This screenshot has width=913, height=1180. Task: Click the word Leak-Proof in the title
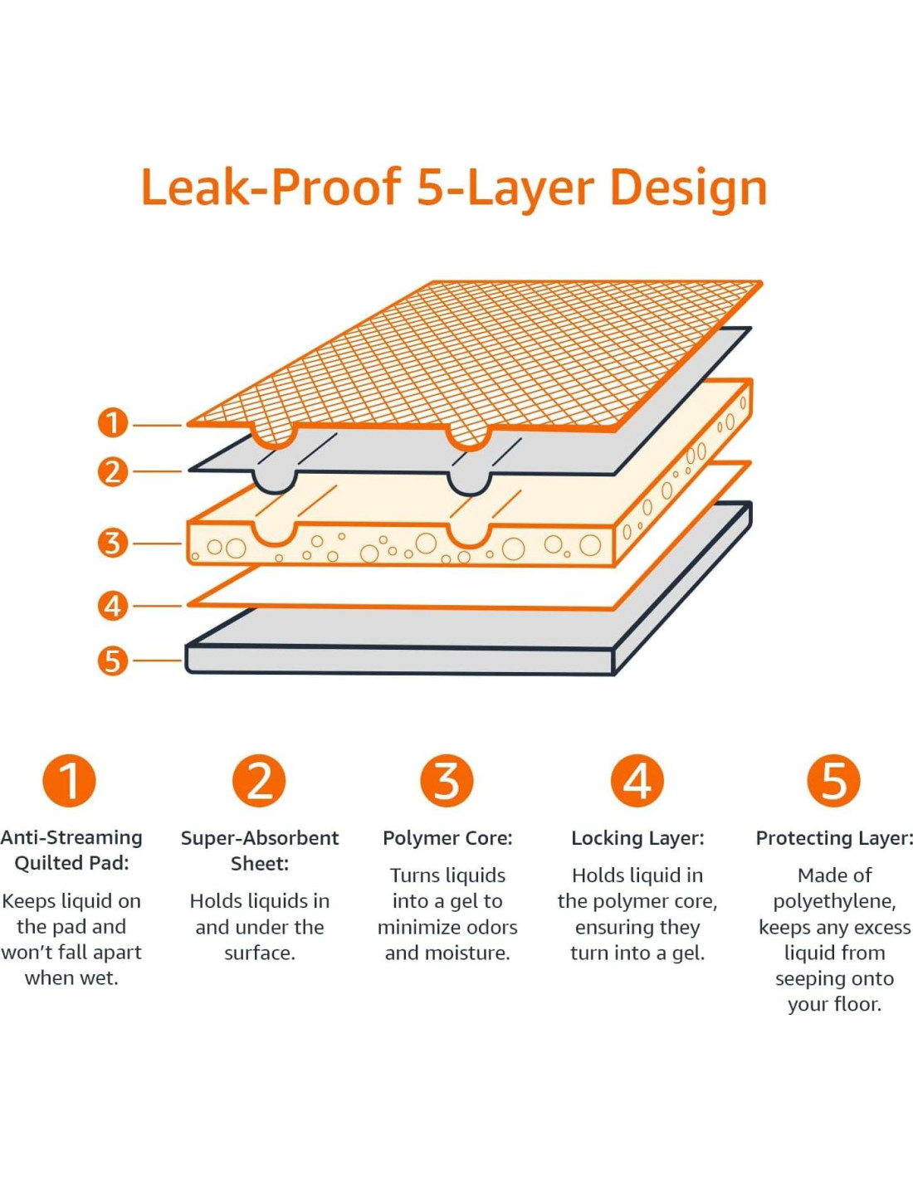[271, 188]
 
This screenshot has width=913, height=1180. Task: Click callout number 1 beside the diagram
[113, 423]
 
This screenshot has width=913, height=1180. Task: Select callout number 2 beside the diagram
[113, 471]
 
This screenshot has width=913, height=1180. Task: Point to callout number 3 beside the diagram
[113, 543]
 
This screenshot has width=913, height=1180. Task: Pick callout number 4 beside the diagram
[113, 605]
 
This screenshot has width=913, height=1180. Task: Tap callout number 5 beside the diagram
[113, 661]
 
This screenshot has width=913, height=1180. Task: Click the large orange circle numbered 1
[69, 780]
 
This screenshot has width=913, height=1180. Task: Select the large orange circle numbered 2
[259, 780]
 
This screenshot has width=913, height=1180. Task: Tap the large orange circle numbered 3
[447, 780]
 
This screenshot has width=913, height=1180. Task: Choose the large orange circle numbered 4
[637, 780]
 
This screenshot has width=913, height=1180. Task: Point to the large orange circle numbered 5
[833, 780]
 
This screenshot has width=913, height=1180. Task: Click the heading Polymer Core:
[447, 838]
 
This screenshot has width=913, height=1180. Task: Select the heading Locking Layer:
[637, 838]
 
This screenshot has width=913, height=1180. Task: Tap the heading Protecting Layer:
[834, 838]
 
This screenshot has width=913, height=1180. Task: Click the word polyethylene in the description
[833, 901]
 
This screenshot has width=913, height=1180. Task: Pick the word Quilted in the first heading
[48, 863]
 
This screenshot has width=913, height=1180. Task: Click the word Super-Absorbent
[260, 838]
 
